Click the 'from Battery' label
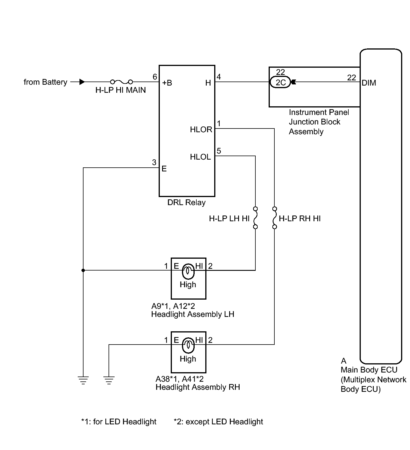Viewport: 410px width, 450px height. point(45,82)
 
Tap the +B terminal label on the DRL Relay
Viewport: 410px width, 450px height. point(167,83)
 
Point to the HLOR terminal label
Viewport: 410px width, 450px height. point(201,130)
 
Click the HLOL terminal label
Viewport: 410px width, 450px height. point(200,157)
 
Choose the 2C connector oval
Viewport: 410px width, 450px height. point(280,82)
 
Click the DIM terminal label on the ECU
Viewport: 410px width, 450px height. point(369,83)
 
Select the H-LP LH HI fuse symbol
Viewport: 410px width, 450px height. point(255,218)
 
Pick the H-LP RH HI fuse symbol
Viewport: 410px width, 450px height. point(274,218)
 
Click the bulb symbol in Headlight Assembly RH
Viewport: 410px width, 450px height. point(188,345)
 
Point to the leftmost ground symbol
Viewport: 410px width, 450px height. point(83,381)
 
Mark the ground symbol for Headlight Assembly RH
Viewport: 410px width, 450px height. point(109,381)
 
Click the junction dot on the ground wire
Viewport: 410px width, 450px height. point(83,270)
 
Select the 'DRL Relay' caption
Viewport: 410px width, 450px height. point(186,203)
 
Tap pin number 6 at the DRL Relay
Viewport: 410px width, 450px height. point(155,77)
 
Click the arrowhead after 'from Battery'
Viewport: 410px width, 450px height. point(82,82)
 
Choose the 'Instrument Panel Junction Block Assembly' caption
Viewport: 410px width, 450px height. point(319,122)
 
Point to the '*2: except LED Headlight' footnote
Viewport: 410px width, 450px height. point(218,422)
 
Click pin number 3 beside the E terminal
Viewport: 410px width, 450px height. point(154,162)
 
